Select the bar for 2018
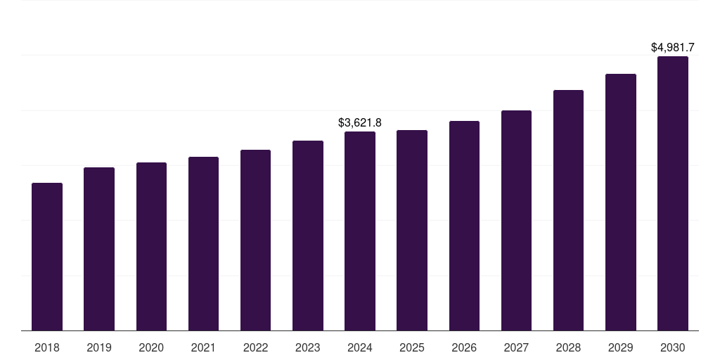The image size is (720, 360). point(47,257)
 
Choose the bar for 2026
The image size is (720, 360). point(464,226)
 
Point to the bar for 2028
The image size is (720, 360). point(568,210)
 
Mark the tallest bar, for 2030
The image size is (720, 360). point(672,193)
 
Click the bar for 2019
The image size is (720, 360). point(99,249)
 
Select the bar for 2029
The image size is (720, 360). point(620,202)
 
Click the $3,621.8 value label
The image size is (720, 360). point(360,123)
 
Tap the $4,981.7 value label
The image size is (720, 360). point(672,48)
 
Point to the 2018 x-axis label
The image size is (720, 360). point(47,347)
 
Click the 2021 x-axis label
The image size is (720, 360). point(203,347)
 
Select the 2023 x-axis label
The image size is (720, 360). point(307,347)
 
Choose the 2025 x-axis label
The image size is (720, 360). point(412,347)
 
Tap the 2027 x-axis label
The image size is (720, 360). point(516,347)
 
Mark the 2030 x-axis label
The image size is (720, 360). point(672,347)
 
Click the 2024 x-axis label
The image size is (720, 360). point(360,347)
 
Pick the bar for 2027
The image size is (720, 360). point(516,220)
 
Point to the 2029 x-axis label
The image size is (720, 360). point(620,347)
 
